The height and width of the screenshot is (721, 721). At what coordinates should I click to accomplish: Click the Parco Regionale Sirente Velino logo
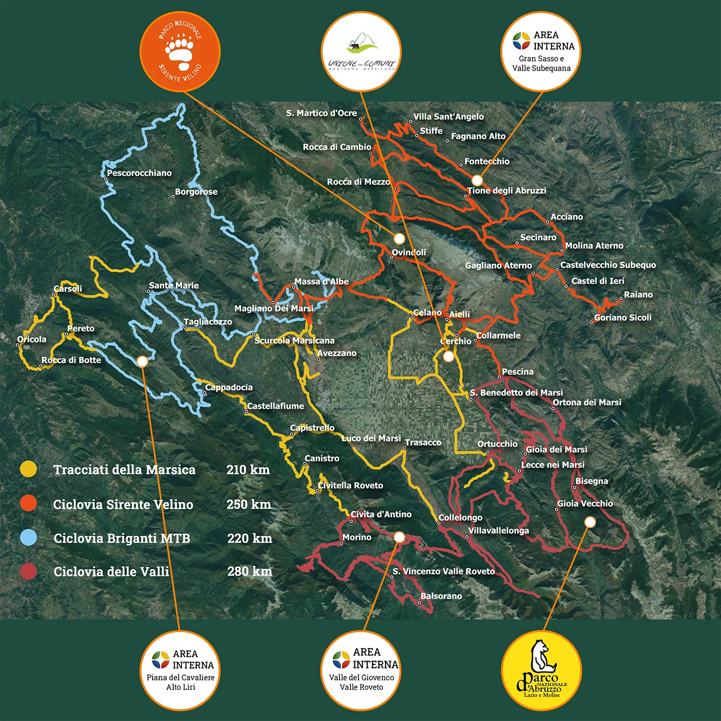(180, 52)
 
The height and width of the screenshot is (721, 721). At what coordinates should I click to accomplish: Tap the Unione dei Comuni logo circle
(361, 52)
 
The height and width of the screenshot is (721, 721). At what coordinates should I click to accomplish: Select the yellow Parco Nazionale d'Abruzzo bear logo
(541, 670)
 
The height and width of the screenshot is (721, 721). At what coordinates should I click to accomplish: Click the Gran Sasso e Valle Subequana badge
(541, 52)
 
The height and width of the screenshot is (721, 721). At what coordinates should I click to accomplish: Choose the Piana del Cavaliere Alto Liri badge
(180, 670)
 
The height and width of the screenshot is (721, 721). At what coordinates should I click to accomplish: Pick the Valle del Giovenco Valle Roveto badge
(361, 670)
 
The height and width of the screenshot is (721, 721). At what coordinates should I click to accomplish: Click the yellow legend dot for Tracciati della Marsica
(29, 469)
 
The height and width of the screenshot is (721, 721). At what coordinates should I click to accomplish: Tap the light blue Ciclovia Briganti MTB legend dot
(29, 538)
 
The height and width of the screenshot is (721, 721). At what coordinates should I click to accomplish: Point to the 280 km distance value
(249, 571)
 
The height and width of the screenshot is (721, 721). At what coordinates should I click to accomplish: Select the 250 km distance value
(248, 504)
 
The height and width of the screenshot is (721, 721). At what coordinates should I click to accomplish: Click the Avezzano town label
(337, 353)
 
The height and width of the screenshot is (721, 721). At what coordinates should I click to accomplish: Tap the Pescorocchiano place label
(139, 173)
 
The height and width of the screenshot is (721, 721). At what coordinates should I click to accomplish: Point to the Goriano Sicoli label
(623, 317)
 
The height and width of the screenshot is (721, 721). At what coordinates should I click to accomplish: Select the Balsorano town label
(441, 596)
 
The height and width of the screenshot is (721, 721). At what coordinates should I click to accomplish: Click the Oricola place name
(32, 339)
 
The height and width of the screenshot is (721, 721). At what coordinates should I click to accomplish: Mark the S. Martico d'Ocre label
(321, 113)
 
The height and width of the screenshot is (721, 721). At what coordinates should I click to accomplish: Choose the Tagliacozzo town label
(208, 321)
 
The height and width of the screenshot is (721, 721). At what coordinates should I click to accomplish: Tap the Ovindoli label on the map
(409, 252)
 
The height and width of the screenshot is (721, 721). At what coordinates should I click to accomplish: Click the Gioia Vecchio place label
(585, 503)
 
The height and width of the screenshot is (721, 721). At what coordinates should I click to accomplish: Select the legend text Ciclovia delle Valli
(111, 571)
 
